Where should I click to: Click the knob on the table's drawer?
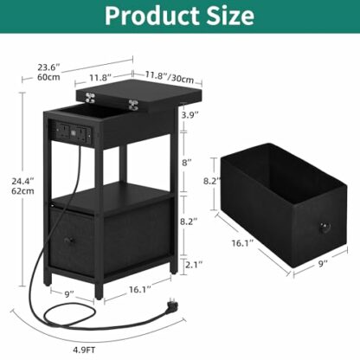point(66,236)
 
